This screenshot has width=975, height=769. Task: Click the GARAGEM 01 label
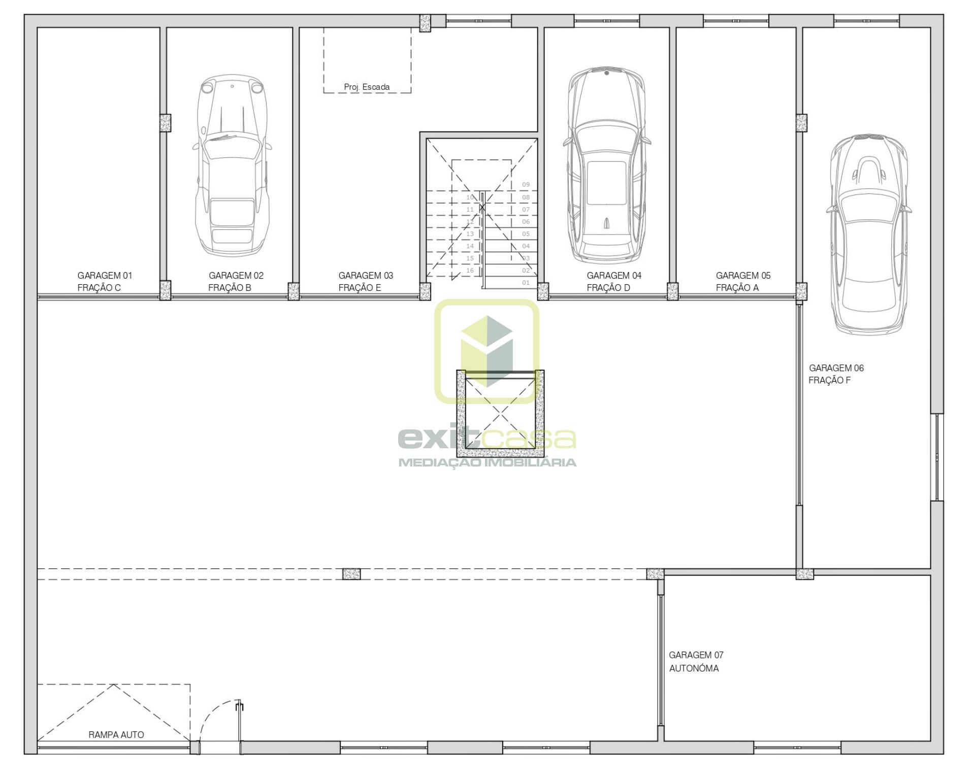(x=105, y=276)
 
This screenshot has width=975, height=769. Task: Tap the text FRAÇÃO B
(x=230, y=288)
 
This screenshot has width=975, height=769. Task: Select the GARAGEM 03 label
(x=366, y=276)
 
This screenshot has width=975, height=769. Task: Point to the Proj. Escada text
(x=367, y=87)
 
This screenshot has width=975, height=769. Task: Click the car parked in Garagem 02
(x=232, y=165)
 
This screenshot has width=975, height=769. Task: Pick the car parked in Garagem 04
(x=606, y=165)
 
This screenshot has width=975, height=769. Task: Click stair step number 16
(x=470, y=271)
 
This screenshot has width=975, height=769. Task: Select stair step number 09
(x=526, y=185)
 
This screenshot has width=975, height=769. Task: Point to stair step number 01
(x=526, y=283)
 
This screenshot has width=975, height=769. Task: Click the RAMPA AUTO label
(x=116, y=734)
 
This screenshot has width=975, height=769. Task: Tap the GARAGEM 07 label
(x=696, y=655)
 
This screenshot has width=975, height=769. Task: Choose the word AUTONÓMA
(x=694, y=668)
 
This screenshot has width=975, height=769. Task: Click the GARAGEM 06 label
(x=836, y=368)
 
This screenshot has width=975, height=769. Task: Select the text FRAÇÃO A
(x=737, y=288)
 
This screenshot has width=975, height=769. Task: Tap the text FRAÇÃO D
(x=608, y=288)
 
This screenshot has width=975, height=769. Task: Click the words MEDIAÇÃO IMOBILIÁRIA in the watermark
(x=487, y=462)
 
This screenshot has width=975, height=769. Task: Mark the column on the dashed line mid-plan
(x=351, y=574)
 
